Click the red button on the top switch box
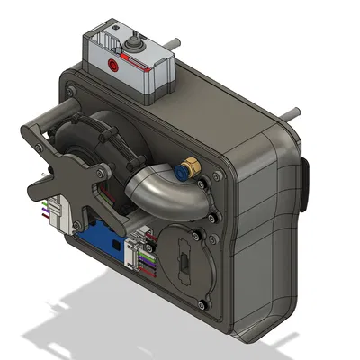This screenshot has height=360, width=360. click(x=112, y=66)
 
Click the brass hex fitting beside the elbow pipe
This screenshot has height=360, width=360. click(x=189, y=168)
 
